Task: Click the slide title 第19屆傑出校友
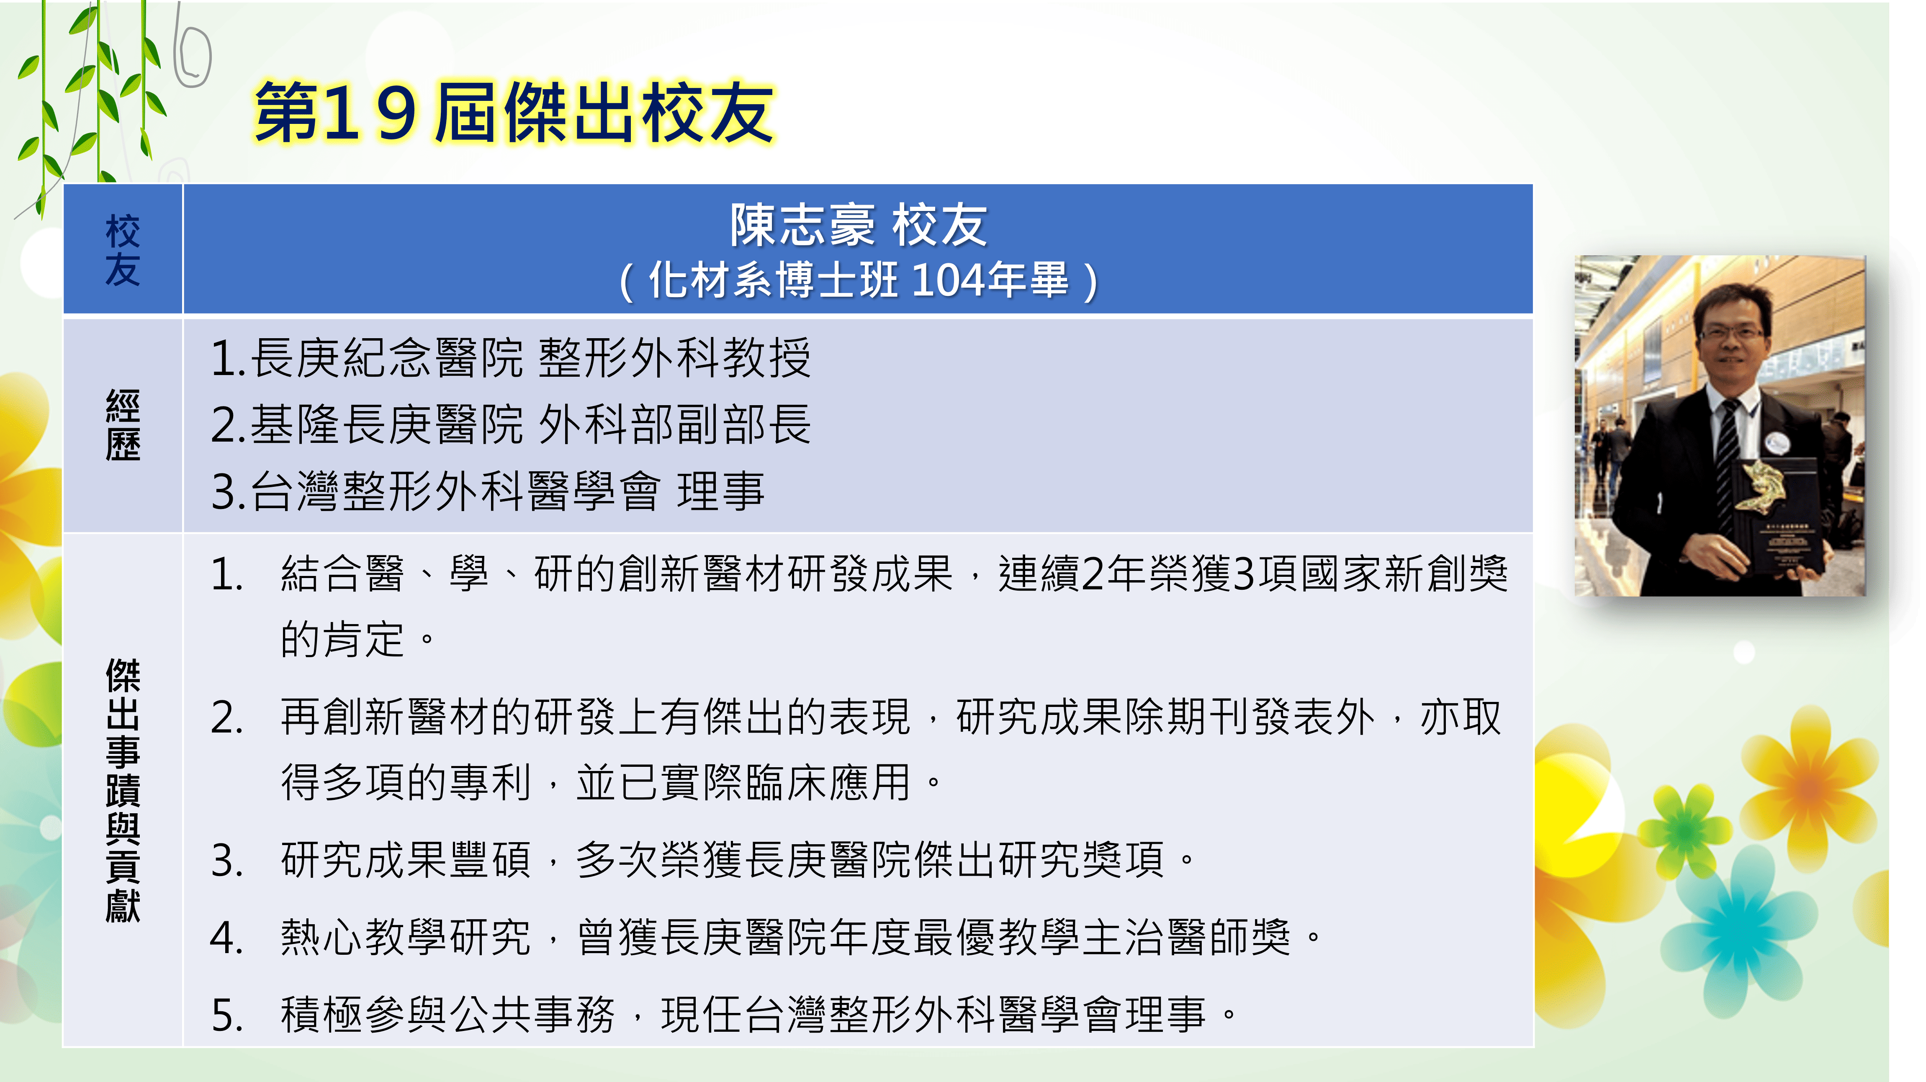[x=514, y=112]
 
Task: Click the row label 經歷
[x=123, y=425]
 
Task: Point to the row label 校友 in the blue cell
[x=123, y=250]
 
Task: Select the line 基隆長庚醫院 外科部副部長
[x=511, y=425]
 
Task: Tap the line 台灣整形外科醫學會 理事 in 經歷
[x=488, y=491]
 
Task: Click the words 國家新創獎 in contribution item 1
[x=1404, y=573]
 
